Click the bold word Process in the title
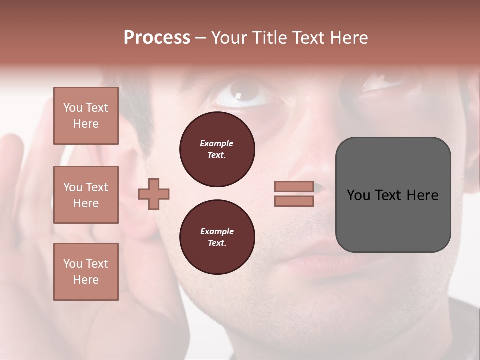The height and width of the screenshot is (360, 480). [x=157, y=38]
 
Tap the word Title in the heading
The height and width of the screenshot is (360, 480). [x=269, y=38]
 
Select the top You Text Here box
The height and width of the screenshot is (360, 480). [x=86, y=116]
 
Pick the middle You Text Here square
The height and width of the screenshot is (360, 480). [x=86, y=195]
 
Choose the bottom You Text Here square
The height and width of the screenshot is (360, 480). [x=86, y=272]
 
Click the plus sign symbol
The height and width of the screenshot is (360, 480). [x=154, y=194]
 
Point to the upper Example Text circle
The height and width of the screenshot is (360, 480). [x=217, y=149]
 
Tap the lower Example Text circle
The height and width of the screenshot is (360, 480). [x=217, y=237]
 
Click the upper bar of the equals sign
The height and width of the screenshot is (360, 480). [x=294, y=187]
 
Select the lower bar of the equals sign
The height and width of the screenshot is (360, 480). [x=294, y=201]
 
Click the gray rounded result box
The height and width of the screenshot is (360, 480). [x=393, y=225]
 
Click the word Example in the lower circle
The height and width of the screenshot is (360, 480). [x=217, y=231]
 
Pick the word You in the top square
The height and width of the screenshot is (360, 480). [x=73, y=108]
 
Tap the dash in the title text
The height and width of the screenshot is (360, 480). [x=200, y=38]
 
